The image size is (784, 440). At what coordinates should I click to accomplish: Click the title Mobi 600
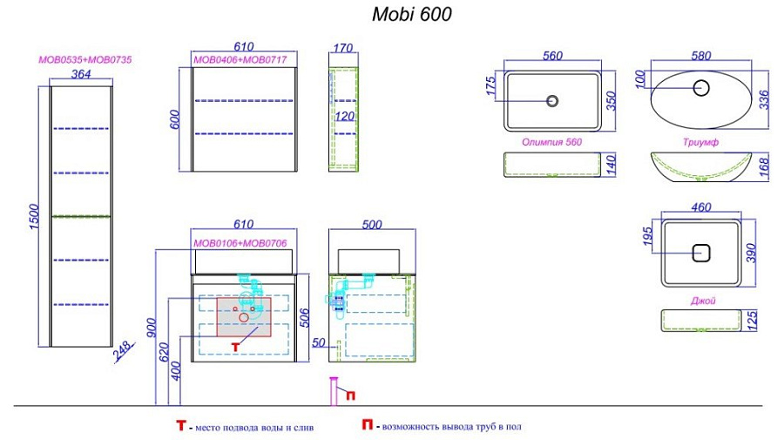411,14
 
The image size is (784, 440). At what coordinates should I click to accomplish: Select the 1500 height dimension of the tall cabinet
34,216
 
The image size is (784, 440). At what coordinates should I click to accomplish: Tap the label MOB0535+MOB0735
85,59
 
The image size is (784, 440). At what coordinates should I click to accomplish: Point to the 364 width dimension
81,74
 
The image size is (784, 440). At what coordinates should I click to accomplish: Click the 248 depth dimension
123,350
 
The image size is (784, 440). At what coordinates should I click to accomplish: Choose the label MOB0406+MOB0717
240,60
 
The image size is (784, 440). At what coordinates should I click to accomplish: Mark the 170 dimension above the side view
343,48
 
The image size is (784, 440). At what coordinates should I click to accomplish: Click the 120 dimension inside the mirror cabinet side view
344,116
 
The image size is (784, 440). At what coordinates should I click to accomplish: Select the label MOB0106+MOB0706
240,243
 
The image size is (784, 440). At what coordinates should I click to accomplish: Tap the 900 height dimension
152,327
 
